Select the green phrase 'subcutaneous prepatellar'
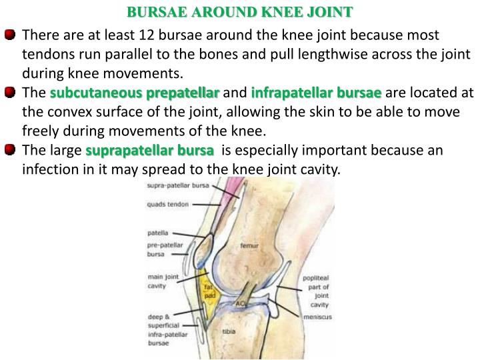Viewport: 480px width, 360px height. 135,91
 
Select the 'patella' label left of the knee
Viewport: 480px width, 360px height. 157,234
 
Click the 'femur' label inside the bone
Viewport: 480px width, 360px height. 249,245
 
